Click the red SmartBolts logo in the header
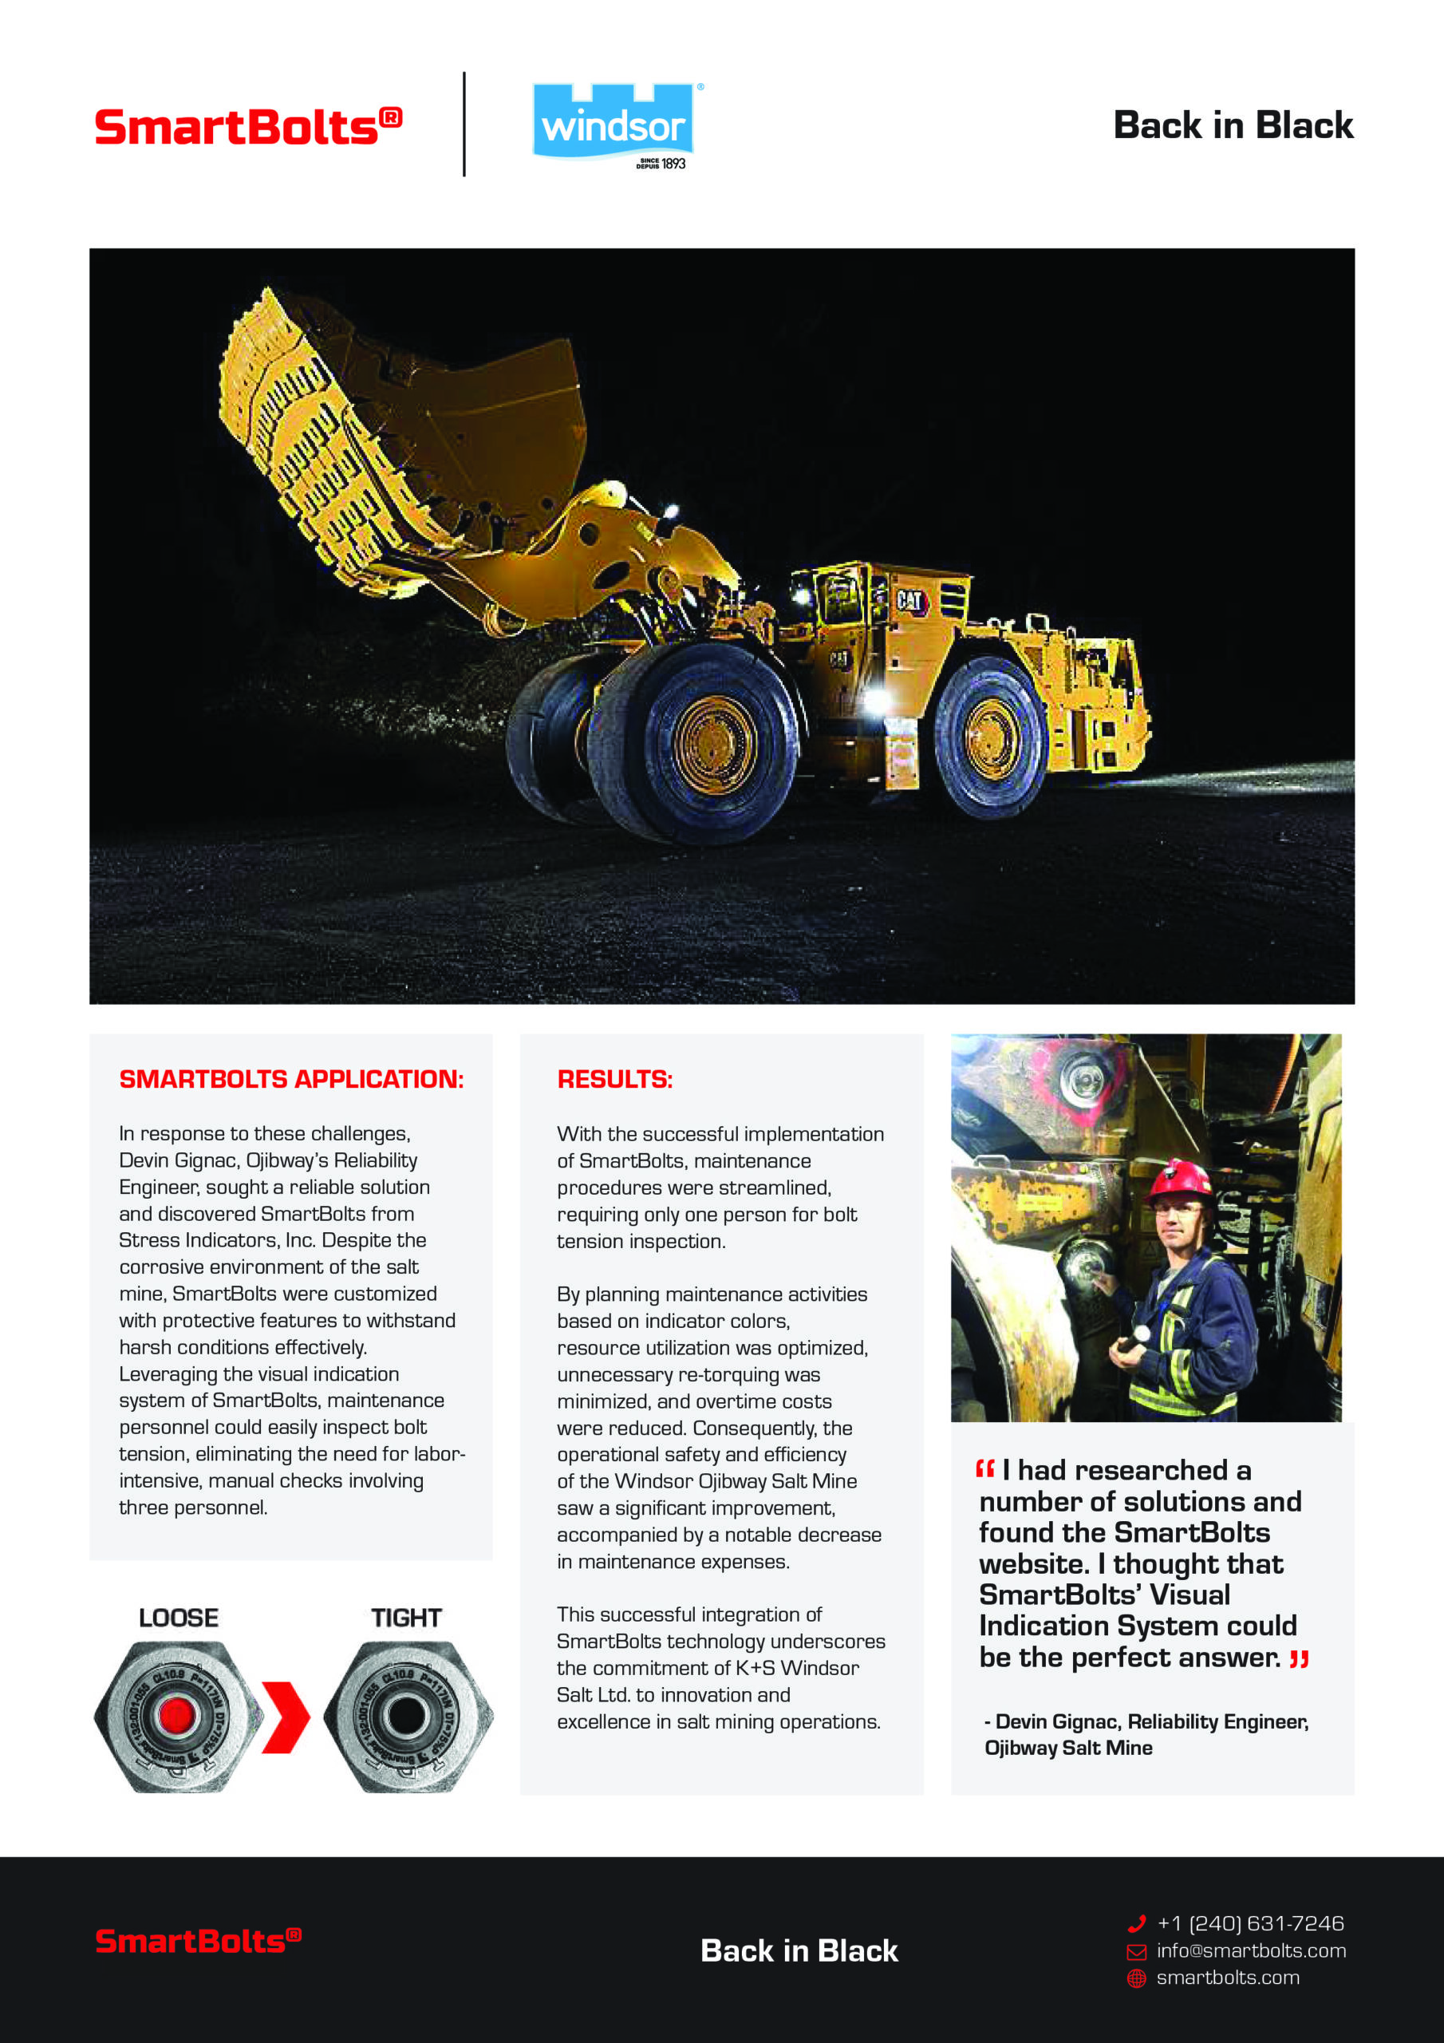248,127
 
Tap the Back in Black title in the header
1233,125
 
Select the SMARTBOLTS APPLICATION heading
291,1079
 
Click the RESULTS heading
615,1079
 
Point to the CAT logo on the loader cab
909,601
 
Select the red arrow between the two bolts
286,1717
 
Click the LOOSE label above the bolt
179,1618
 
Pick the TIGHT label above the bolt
407,1618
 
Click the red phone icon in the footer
1136,1924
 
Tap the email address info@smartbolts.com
1251,1951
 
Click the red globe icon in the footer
1136,1978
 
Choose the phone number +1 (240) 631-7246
1250,1924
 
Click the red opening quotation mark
985,1469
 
